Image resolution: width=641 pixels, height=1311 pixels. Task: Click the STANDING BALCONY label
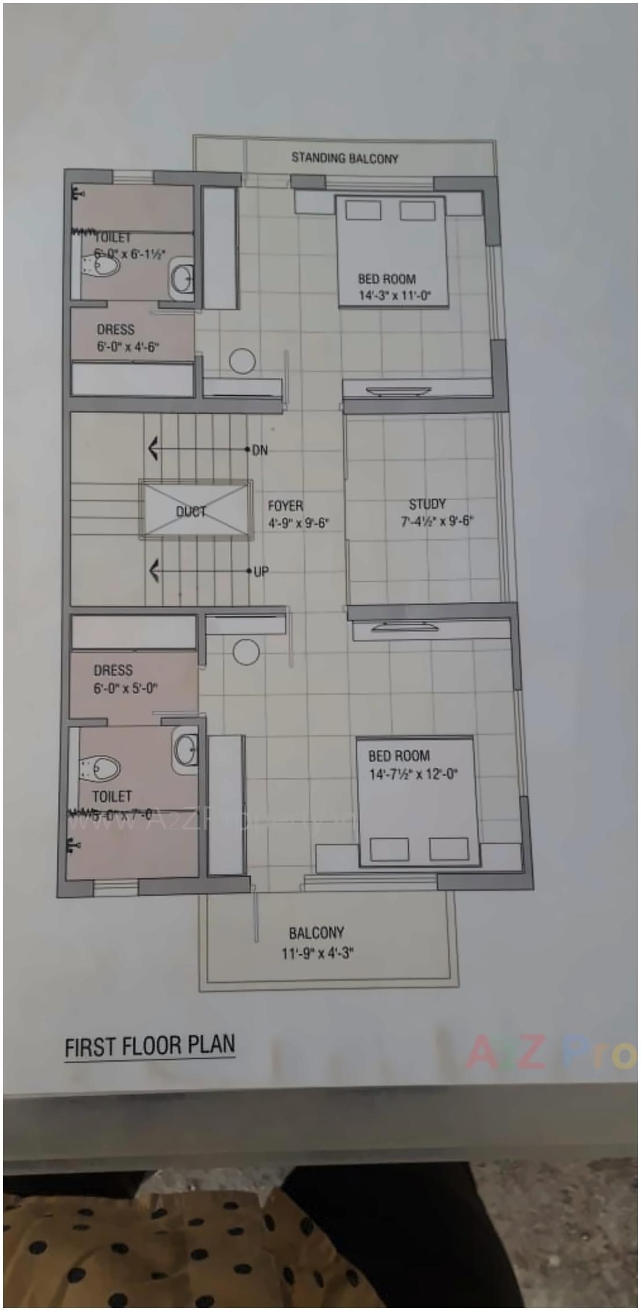[345, 158]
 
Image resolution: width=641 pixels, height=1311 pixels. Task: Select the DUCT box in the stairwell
[196, 511]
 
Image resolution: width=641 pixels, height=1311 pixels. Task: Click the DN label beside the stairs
[260, 450]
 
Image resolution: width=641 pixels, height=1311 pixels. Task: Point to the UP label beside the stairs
[261, 572]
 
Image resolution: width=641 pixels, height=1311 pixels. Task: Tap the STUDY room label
[427, 504]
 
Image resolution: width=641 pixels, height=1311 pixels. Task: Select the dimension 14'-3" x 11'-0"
[395, 296]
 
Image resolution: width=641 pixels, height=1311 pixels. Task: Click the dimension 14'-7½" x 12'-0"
[413, 774]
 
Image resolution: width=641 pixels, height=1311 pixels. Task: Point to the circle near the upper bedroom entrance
[242, 361]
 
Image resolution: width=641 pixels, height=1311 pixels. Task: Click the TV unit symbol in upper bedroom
[400, 391]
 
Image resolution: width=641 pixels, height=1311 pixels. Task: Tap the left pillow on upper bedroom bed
[363, 211]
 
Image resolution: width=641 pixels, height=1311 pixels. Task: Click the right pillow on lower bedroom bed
[449, 849]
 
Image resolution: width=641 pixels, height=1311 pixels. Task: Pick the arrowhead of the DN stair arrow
[153, 449]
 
